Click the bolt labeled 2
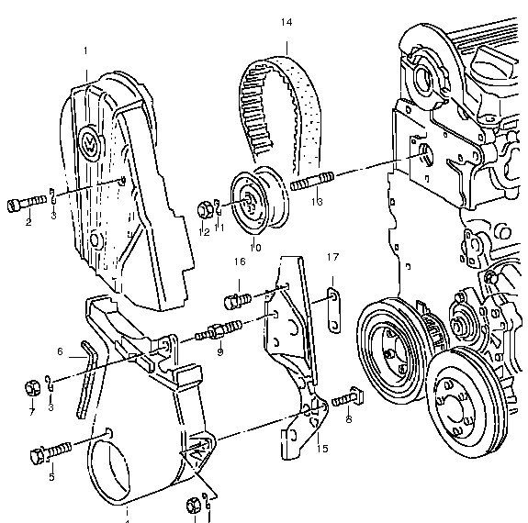[28, 202]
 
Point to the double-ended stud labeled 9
[221, 330]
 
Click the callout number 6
[60, 351]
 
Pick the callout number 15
[321, 449]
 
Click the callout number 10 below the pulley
[255, 246]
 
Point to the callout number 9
[220, 351]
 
